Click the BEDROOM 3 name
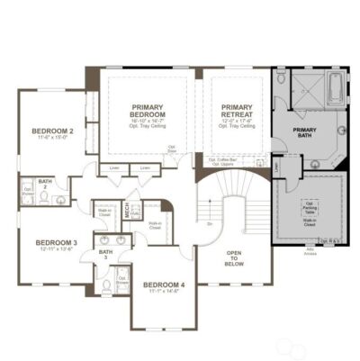pos(56,242)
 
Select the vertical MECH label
pos(128,213)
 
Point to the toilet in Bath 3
pos(106,285)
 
